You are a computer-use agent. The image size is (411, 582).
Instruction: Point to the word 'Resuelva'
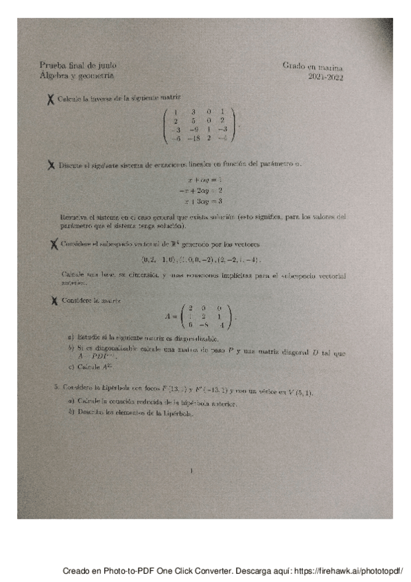click(74, 218)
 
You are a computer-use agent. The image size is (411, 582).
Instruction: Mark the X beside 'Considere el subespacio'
click(51, 244)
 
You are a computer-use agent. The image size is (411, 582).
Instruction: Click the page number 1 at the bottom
click(193, 471)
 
